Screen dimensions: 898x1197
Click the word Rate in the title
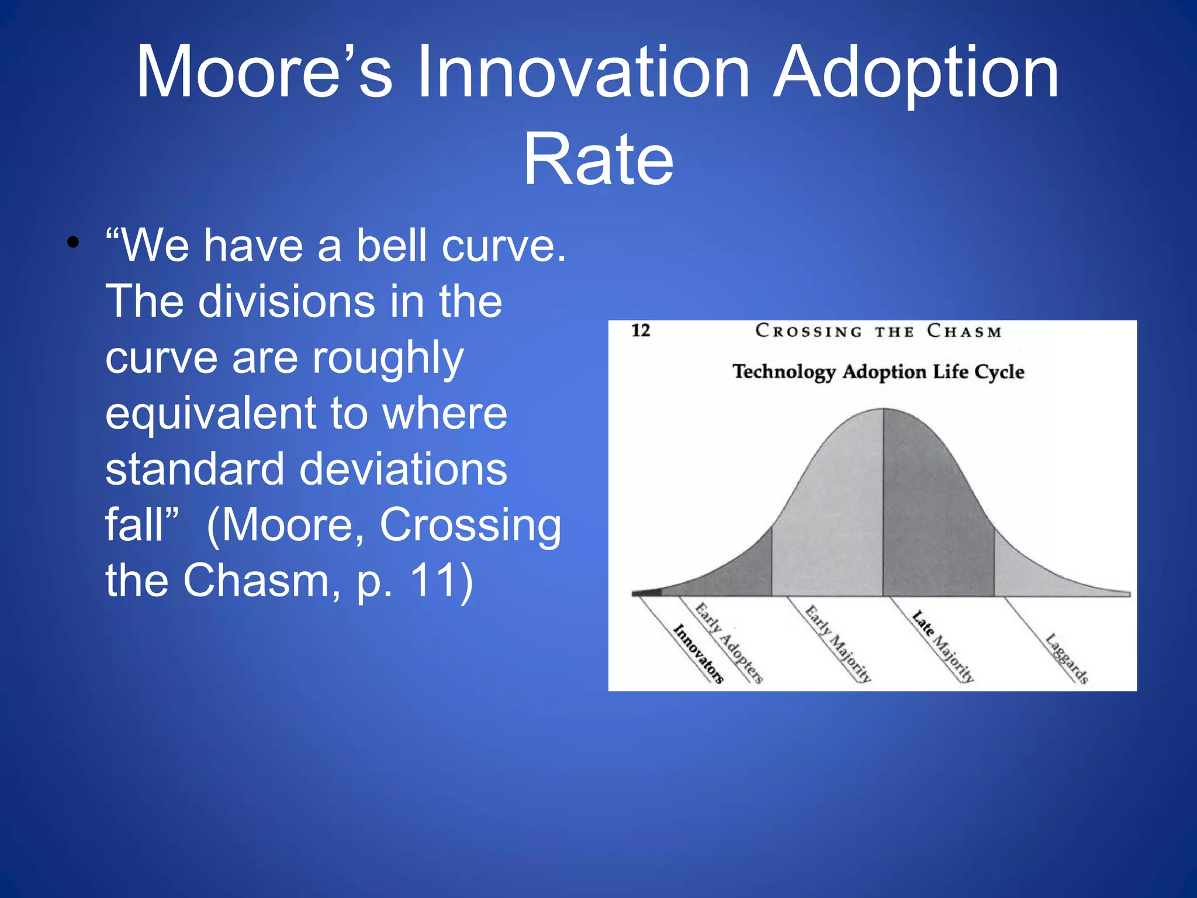[x=598, y=160]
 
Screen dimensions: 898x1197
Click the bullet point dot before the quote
[x=72, y=243]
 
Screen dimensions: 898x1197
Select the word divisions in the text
[x=286, y=301]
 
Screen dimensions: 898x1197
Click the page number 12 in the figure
[x=641, y=330]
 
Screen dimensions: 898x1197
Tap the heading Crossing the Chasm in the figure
[x=878, y=331]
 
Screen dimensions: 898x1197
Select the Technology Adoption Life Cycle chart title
[x=878, y=372]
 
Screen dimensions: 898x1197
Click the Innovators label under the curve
[x=698, y=654]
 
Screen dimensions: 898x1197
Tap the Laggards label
[x=1067, y=658]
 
